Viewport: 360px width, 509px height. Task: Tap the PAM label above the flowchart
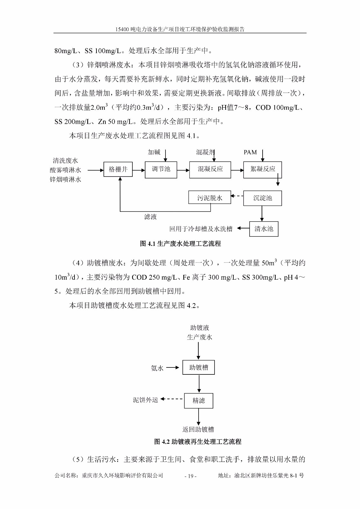(x=250, y=152)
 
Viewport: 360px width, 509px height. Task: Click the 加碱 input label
(x=154, y=152)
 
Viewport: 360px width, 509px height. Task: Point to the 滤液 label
(x=150, y=217)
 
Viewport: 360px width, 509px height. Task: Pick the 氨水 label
(x=157, y=368)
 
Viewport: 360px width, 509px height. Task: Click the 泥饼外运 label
(x=145, y=400)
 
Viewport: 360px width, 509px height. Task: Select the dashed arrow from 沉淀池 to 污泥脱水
(x=237, y=196)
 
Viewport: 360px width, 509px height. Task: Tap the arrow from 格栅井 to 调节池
(x=139, y=170)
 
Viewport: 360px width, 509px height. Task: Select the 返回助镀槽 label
(x=198, y=429)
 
